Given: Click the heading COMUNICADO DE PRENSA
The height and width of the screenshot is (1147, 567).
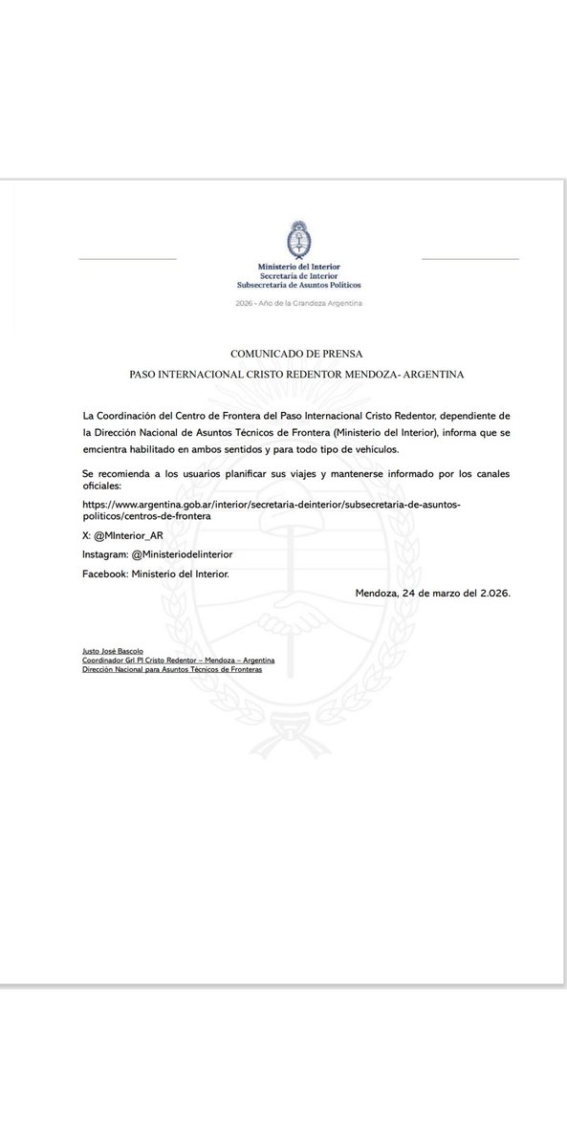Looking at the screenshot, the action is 297,354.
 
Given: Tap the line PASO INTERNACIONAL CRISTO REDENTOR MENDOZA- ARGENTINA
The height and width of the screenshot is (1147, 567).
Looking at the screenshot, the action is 297,376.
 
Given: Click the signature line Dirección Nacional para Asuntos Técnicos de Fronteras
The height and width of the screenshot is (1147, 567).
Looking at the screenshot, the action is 172,669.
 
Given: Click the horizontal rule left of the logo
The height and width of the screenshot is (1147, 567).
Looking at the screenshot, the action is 127,259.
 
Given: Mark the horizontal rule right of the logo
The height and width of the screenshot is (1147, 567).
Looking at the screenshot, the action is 469,259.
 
